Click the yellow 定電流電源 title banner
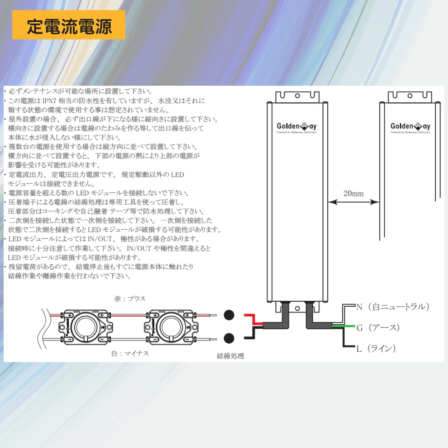69,25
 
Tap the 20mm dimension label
353,194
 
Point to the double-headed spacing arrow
353,202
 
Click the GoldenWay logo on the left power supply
296,127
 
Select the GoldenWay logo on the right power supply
410,127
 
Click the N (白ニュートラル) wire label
393,307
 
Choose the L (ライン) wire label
376,348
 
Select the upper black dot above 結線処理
229,315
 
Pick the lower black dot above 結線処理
229,338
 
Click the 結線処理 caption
230,356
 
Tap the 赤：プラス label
129,299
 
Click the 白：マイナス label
130,353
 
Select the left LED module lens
85,326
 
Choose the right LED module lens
171,326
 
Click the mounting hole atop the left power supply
297,96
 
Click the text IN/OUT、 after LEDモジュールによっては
101,239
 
